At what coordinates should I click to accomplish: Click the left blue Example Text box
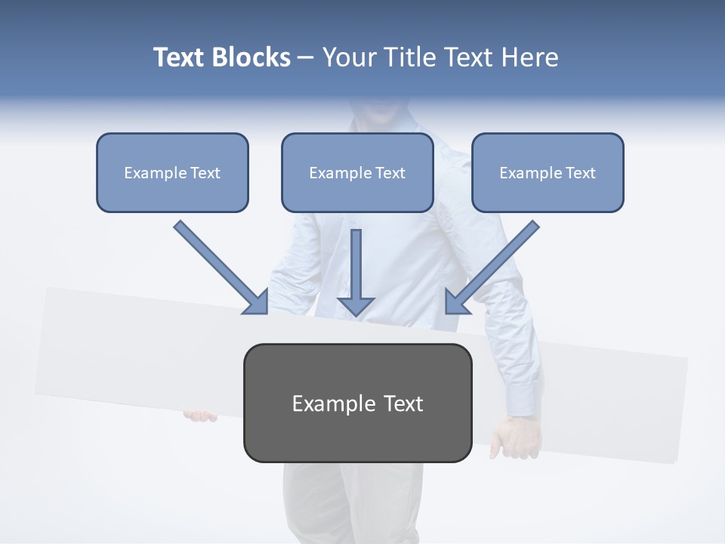172,172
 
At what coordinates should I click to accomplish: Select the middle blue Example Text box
357,172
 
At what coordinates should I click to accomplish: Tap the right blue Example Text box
548,172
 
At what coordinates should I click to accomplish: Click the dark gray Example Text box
357,403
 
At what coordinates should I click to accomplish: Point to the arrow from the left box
219,267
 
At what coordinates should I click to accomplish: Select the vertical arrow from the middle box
356,268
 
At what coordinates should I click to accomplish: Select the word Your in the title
348,57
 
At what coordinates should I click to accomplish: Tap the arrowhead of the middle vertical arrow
356,304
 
